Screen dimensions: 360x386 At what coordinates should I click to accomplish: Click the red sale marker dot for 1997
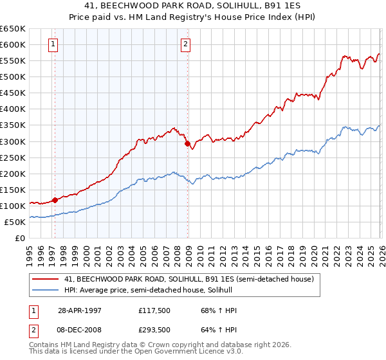[x=55, y=200]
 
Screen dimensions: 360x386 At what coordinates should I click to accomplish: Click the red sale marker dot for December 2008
[x=188, y=144]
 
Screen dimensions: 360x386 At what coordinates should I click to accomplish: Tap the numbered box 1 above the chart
[x=52, y=44]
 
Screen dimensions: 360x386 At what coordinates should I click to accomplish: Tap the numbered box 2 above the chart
[x=185, y=44]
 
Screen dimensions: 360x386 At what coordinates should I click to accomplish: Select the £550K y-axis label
[x=13, y=61]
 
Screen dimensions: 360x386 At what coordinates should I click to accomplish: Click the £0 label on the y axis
[x=20, y=238]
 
